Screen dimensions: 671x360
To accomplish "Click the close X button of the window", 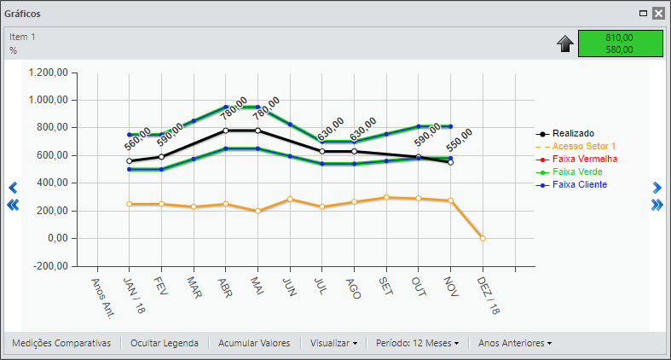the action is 658,14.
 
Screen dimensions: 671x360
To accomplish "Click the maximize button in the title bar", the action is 643,14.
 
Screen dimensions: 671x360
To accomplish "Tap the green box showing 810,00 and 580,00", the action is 621,44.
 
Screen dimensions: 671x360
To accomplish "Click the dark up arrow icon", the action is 565,44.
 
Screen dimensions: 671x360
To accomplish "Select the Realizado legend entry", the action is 565,134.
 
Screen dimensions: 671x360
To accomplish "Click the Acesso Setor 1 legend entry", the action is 576,147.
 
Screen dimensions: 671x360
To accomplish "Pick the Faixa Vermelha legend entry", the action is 576,160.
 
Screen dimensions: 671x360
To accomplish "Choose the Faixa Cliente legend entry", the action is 571,185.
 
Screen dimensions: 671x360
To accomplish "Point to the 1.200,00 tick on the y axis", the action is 49,73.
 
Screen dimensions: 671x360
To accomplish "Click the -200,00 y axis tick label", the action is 51,266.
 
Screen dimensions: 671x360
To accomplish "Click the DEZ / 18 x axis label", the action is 489,295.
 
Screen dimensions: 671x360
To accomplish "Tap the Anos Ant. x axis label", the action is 103,299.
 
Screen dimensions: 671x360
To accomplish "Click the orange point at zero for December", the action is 483,238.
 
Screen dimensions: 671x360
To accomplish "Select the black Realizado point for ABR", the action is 226,131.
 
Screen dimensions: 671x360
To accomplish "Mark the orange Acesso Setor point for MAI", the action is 257,211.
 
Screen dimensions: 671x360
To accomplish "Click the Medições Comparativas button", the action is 61,343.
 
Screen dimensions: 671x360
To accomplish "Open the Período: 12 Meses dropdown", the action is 417,343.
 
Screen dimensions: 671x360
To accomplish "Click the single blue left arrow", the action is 13,188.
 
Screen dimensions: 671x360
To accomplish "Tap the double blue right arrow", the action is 657,205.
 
